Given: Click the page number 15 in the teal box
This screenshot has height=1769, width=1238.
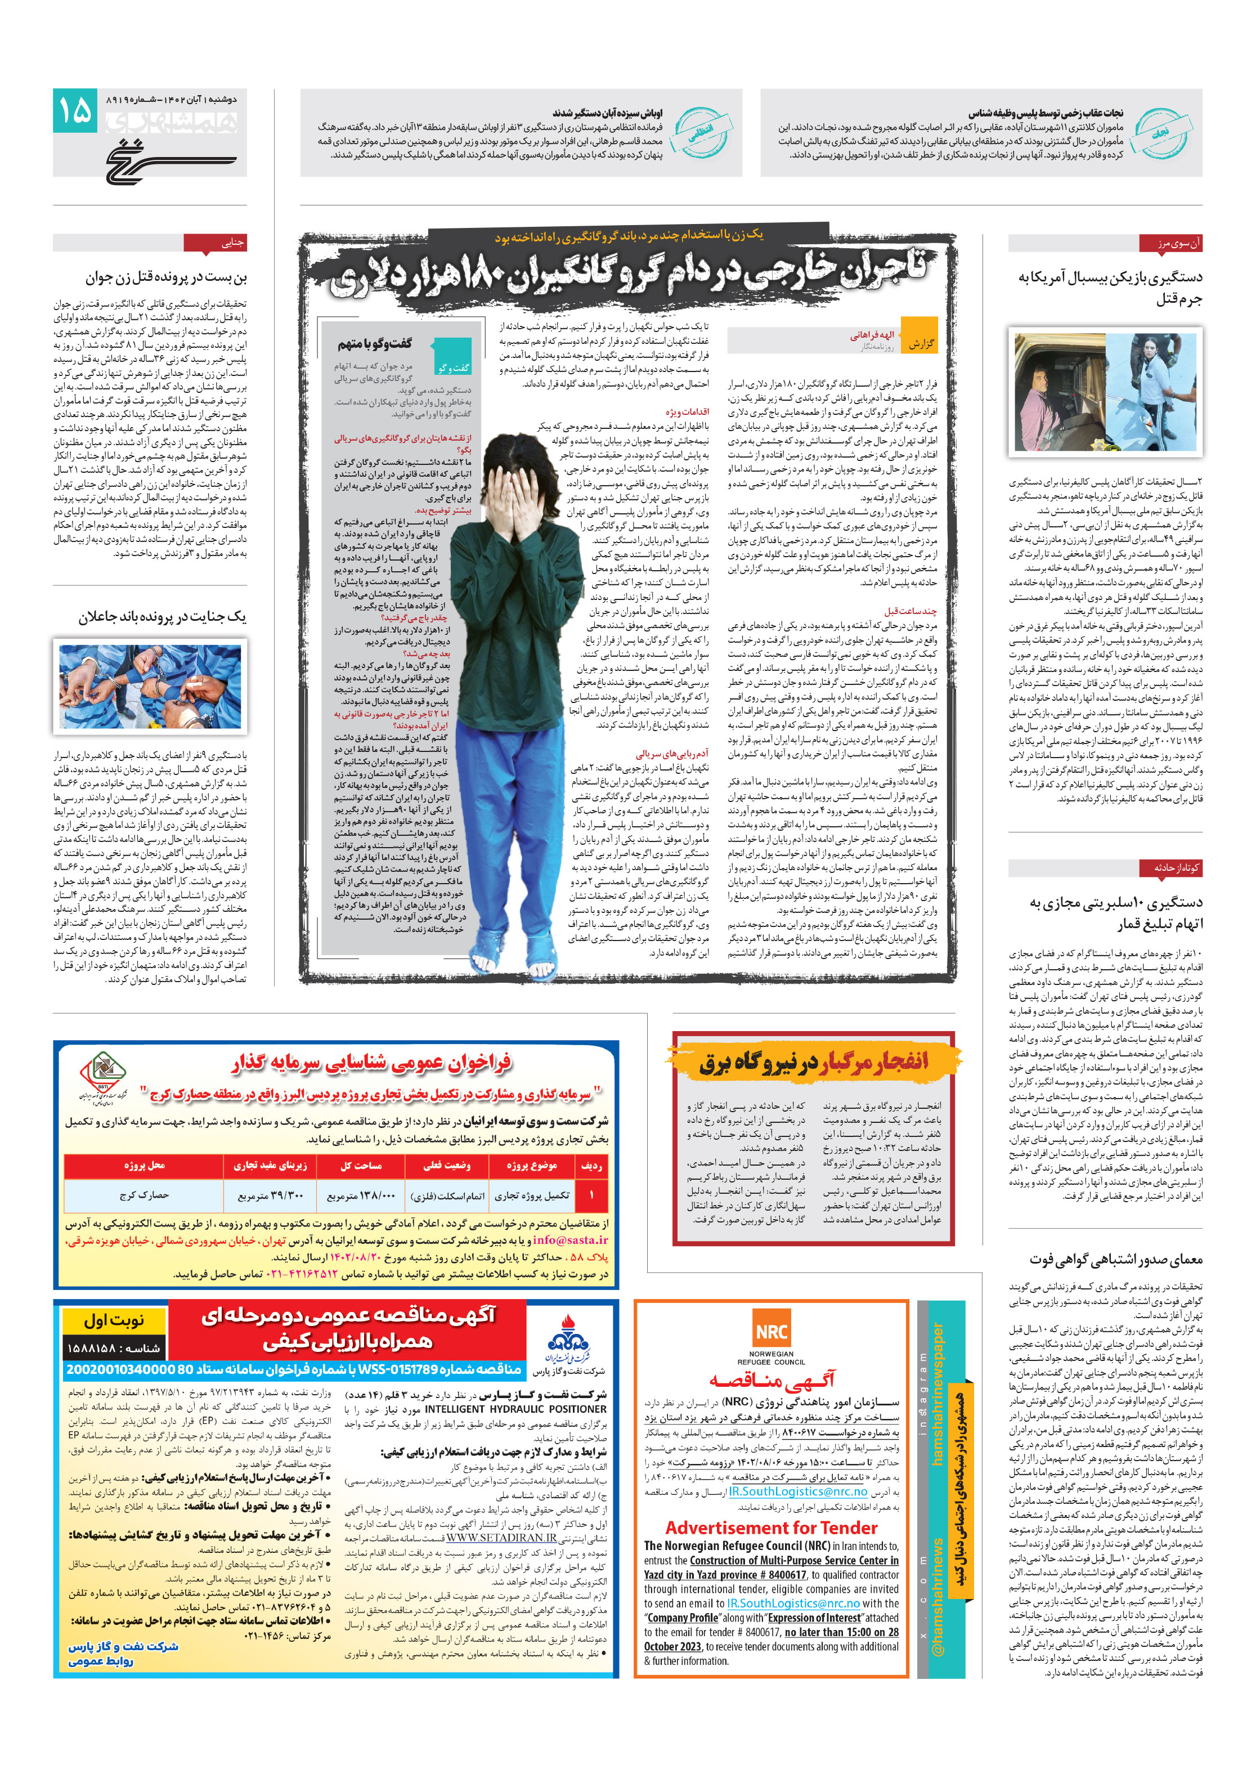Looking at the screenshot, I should click(x=75, y=110).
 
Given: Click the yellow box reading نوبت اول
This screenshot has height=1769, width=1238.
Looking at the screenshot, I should click(x=114, y=1320).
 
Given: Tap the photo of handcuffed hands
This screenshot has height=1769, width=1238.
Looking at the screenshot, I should click(x=150, y=687).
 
